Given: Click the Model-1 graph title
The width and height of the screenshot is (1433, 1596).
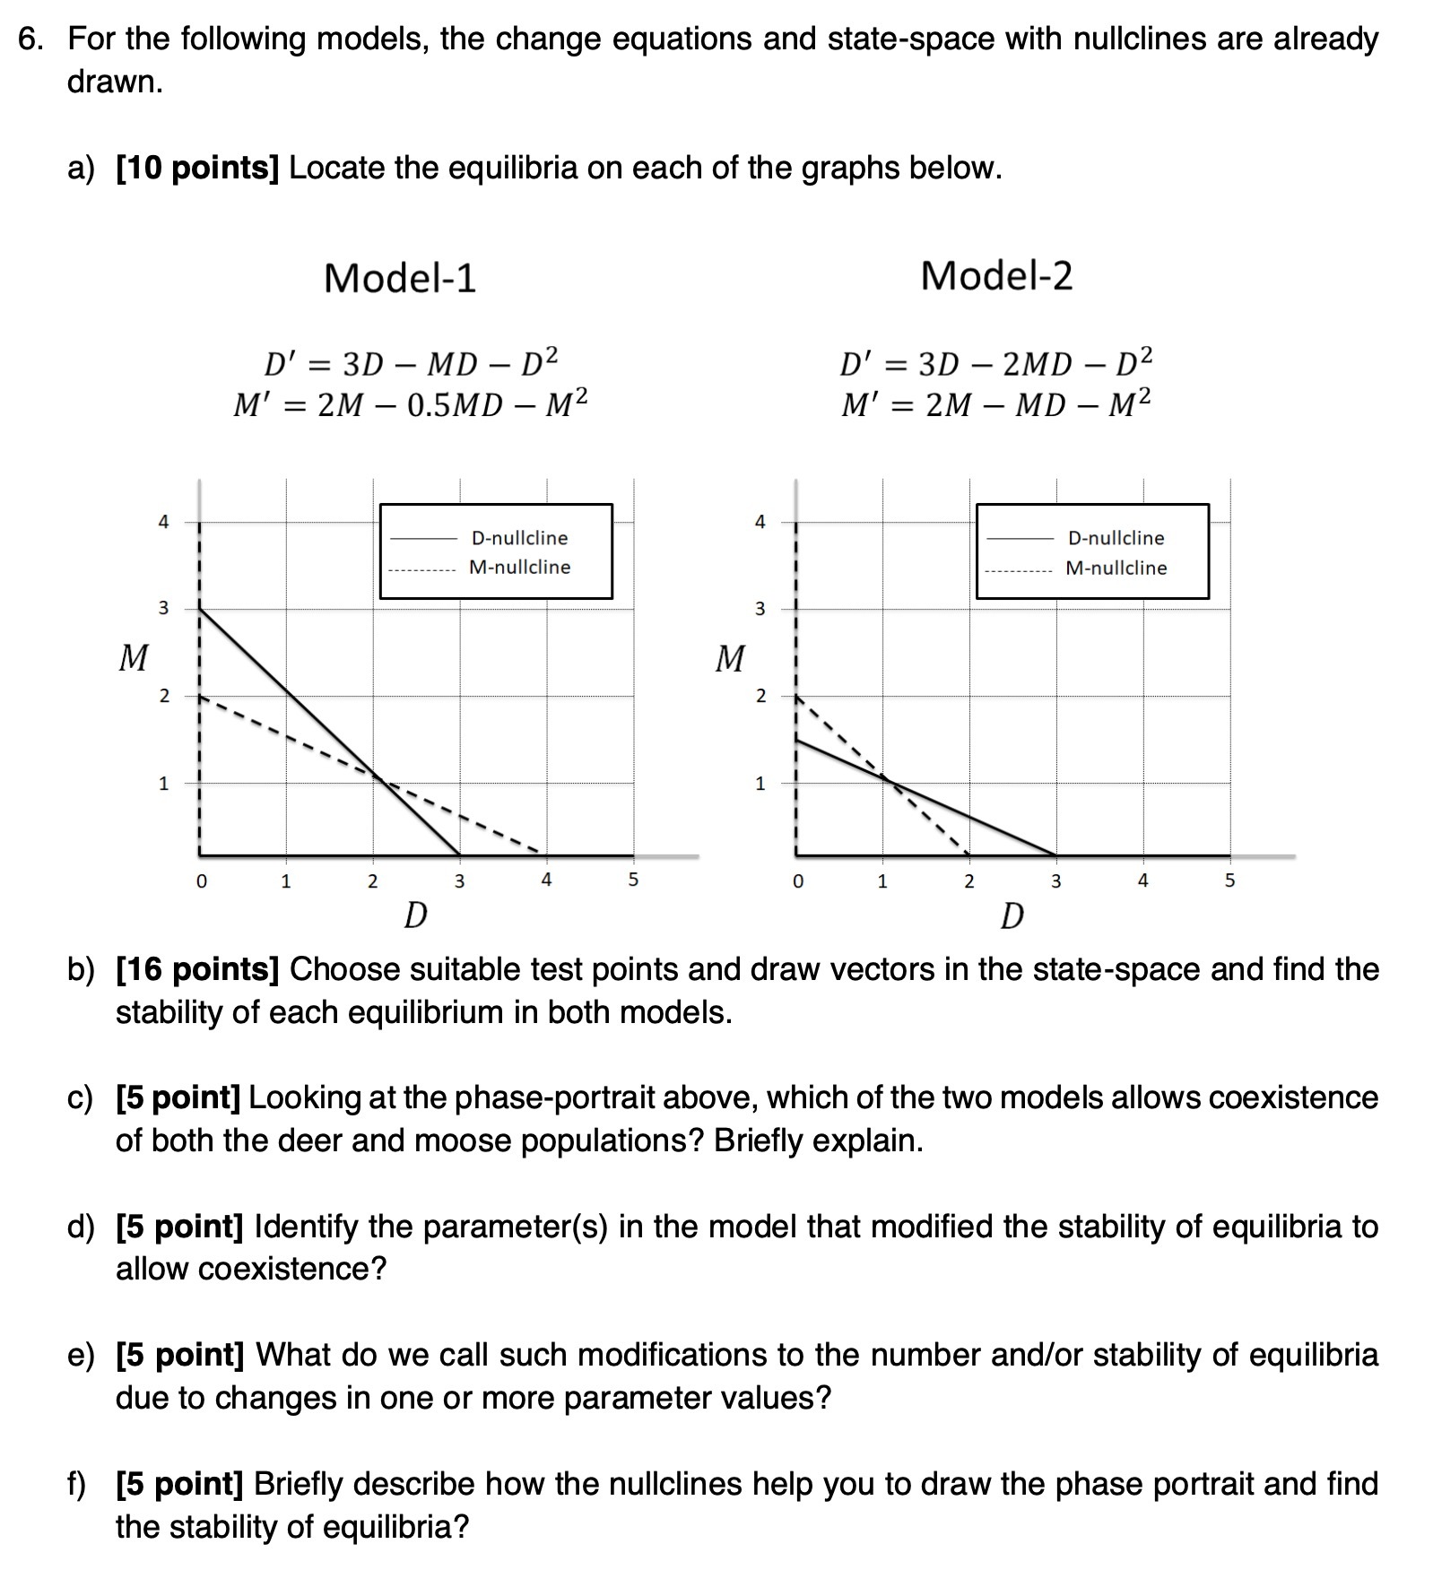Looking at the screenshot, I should click(400, 278).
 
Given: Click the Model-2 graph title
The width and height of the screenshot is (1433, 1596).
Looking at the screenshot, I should click(996, 275).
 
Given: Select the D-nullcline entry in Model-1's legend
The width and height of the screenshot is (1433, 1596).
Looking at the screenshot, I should click(519, 538).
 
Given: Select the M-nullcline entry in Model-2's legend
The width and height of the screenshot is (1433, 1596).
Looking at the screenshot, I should click(1116, 568).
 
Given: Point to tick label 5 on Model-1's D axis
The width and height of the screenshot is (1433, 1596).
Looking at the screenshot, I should click(632, 880).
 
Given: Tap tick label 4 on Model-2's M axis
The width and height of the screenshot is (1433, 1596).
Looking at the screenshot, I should click(760, 522).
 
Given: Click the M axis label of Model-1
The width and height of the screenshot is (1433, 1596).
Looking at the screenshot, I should click(134, 658).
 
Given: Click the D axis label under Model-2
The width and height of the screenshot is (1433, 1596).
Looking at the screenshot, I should click(1012, 916).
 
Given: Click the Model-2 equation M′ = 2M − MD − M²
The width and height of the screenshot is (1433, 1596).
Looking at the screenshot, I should click(995, 404).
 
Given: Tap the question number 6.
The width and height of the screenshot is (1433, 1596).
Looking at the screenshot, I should click(30, 39).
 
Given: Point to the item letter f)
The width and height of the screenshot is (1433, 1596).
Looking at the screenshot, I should click(80, 1484).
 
